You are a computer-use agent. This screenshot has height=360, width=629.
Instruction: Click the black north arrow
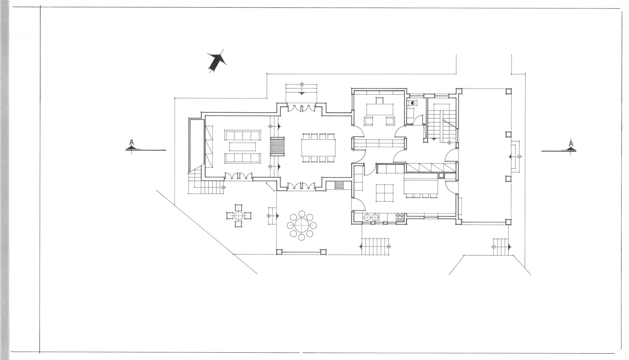(x=217, y=62)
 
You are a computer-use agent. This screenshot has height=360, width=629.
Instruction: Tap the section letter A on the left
(x=132, y=142)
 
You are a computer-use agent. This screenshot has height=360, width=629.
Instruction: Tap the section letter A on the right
(x=571, y=144)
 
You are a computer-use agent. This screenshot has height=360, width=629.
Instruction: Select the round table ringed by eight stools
(x=301, y=225)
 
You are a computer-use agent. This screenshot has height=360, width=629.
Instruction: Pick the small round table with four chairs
(x=238, y=216)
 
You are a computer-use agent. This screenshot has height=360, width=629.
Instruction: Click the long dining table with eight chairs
(x=319, y=148)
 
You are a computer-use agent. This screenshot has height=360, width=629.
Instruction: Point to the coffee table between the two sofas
(x=242, y=147)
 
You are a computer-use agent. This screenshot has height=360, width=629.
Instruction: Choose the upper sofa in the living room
(x=242, y=135)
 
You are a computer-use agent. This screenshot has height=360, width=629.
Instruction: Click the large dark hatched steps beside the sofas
(x=277, y=146)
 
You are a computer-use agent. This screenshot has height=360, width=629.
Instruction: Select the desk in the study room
(x=379, y=109)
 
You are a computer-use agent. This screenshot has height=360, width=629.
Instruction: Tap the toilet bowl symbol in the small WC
(x=413, y=103)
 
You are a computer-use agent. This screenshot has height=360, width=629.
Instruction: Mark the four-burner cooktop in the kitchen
(x=400, y=217)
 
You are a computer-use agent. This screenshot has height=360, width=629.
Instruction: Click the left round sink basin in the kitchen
(x=367, y=217)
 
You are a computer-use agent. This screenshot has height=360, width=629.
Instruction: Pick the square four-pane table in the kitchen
(x=385, y=193)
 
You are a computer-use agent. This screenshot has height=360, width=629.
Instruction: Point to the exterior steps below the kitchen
(x=375, y=247)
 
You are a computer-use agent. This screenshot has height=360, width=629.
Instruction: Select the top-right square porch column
(x=508, y=91)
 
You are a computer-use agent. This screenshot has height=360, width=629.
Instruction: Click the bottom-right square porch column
(x=508, y=222)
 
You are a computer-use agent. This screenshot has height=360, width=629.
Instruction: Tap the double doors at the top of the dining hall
(x=301, y=108)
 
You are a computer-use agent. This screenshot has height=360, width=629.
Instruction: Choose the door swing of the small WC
(x=419, y=120)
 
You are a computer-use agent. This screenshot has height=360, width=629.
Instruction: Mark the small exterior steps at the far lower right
(x=501, y=247)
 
